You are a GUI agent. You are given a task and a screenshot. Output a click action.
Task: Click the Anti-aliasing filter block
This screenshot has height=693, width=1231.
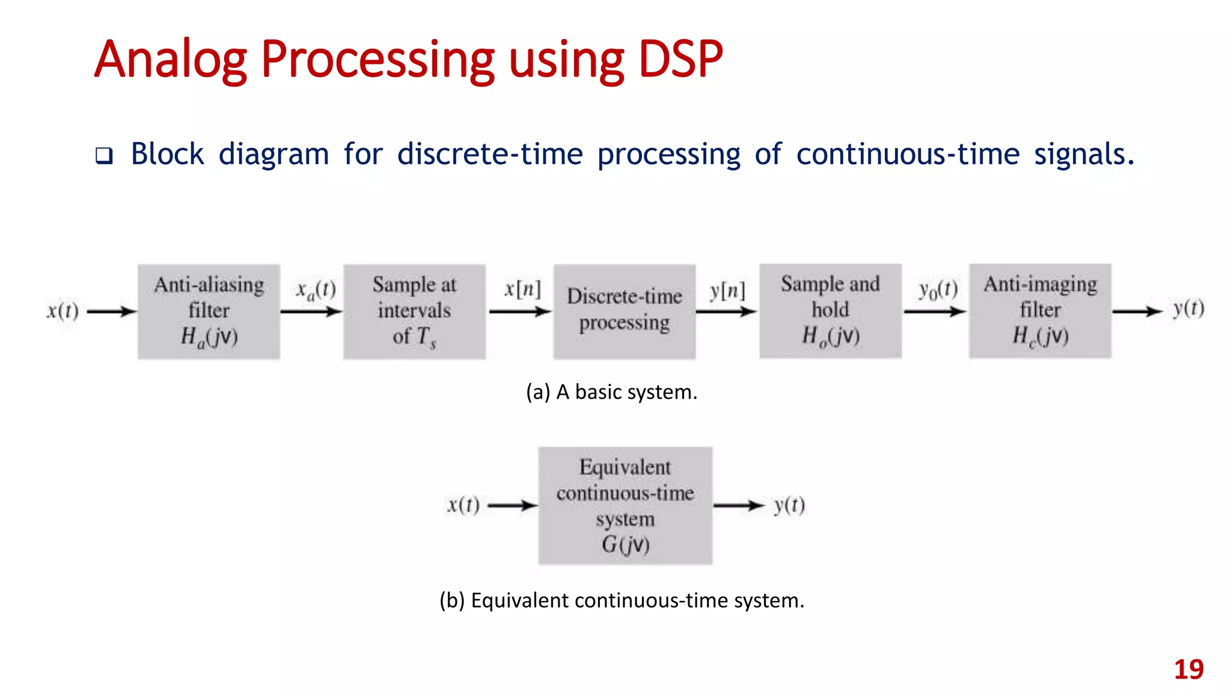tap(209, 311)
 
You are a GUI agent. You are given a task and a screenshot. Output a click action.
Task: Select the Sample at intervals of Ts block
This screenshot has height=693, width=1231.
tap(414, 311)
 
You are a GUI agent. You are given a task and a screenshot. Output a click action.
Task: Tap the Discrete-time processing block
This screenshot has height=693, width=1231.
tap(624, 311)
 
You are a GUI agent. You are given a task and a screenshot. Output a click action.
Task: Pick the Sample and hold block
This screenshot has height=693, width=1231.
tap(830, 310)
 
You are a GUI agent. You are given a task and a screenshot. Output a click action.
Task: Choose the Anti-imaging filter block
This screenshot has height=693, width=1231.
tap(1040, 310)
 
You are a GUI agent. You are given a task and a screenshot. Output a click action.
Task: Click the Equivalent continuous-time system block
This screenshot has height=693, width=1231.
tap(625, 505)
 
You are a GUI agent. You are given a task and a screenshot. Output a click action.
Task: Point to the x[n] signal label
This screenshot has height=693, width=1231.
tap(522, 289)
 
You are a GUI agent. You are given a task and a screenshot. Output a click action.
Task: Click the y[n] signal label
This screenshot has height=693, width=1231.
tap(727, 291)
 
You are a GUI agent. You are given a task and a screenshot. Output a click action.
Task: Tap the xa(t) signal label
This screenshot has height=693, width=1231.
tap(316, 291)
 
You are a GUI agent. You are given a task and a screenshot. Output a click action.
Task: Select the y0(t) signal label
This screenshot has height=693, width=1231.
tap(938, 291)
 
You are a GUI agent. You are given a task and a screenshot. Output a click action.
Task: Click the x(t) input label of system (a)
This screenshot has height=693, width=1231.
tap(63, 311)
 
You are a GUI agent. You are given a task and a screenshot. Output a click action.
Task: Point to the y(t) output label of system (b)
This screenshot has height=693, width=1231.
tap(789, 505)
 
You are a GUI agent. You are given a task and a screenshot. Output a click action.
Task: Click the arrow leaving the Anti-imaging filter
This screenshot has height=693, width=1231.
tap(1137, 311)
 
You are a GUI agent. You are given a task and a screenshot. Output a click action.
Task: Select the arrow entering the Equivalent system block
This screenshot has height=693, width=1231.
tap(512, 505)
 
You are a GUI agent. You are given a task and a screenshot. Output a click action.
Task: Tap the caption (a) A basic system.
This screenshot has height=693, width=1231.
tap(611, 392)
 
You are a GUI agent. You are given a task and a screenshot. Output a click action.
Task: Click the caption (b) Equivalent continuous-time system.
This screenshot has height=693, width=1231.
tap(622, 600)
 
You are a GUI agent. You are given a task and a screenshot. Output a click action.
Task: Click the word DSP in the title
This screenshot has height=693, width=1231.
tap(680, 59)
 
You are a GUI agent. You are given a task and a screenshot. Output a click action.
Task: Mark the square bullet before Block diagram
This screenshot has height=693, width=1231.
tap(104, 156)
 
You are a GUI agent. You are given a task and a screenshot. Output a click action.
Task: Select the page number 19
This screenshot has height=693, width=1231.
tap(1188, 670)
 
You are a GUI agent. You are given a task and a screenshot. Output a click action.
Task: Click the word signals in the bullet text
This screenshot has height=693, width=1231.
tap(1084, 154)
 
